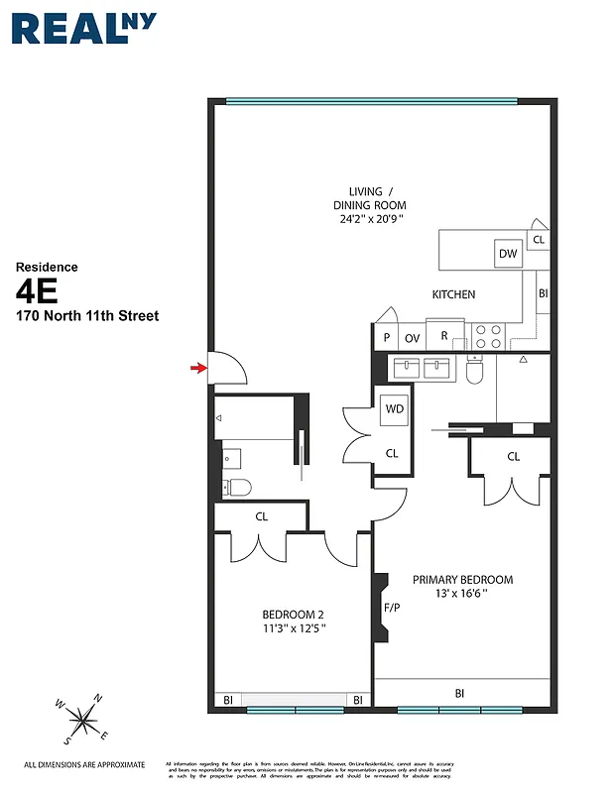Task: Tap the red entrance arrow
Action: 199,369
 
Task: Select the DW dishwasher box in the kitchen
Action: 509,254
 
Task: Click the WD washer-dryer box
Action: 394,408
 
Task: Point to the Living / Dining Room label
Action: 370,204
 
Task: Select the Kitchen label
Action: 453,294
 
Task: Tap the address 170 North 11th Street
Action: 86,316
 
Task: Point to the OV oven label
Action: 412,338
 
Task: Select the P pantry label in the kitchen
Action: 385,338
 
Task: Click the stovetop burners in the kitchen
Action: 487,335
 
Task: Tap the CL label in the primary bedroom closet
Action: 513,457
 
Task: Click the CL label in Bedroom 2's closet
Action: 262,516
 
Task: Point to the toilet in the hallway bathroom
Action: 236,487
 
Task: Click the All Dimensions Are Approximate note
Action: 84,764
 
